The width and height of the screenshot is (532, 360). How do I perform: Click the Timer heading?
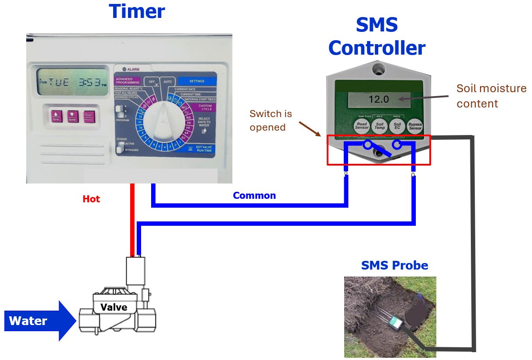point(137,11)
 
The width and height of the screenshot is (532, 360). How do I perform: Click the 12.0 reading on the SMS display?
point(378,99)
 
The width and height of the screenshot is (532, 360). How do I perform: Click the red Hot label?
point(91,199)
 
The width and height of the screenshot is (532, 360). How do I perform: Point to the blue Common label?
point(254,195)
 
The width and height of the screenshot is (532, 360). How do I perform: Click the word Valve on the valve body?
point(114,307)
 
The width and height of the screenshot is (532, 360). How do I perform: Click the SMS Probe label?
point(394,265)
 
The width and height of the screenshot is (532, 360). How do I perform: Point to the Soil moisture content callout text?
point(491,96)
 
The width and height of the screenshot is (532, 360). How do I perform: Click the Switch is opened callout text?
point(270,121)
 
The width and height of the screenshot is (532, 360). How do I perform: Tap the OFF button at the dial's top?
point(152,82)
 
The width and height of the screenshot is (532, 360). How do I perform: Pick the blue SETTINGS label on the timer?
point(197,81)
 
